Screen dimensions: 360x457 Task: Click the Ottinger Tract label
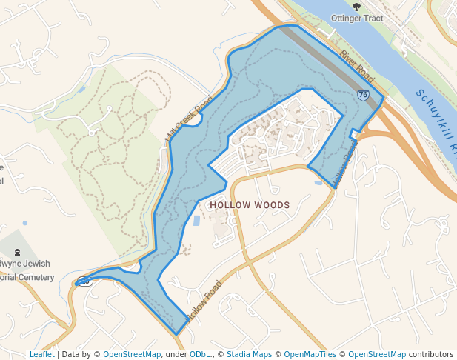[358, 19]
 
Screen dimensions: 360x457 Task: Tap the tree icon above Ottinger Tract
[357, 7]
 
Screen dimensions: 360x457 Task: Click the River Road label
[357, 65]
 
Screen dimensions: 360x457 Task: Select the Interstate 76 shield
[363, 95]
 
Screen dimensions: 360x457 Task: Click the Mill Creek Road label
[189, 119]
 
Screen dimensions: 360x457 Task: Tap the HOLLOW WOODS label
[250, 204]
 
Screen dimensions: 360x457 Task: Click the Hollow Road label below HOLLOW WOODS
[204, 301]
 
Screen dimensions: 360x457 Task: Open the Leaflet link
[41, 354]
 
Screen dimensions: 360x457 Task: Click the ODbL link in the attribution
[200, 354]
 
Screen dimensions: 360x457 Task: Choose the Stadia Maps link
[249, 354]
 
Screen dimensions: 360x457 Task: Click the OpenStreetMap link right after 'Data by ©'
[132, 354]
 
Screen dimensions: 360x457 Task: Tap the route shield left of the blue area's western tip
[84, 281]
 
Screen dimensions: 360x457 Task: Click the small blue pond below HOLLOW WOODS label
[196, 221]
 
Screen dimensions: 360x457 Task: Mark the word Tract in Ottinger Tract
[373, 19]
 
